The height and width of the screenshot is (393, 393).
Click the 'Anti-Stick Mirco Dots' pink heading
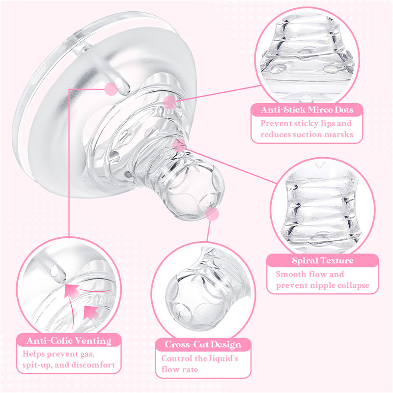pyautogui.click(x=307, y=109)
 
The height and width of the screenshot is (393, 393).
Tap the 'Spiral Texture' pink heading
pyautogui.click(x=322, y=260)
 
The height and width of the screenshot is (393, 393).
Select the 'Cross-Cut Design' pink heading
pyautogui.click(x=203, y=345)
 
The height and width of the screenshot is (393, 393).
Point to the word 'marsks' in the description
pyautogui.click(x=338, y=135)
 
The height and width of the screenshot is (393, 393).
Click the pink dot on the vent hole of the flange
pyautogui.click(x=111, y=89)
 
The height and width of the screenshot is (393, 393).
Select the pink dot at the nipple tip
pyautogui.click(x=212, y=213)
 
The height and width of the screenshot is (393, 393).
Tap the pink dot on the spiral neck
pyautogui.click(x=179, y=144)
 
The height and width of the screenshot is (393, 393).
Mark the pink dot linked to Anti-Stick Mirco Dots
pyautogui.click(x=169, y=102)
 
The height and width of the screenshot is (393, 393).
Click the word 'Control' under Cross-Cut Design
pyautogui.click(x=177, y=359)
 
